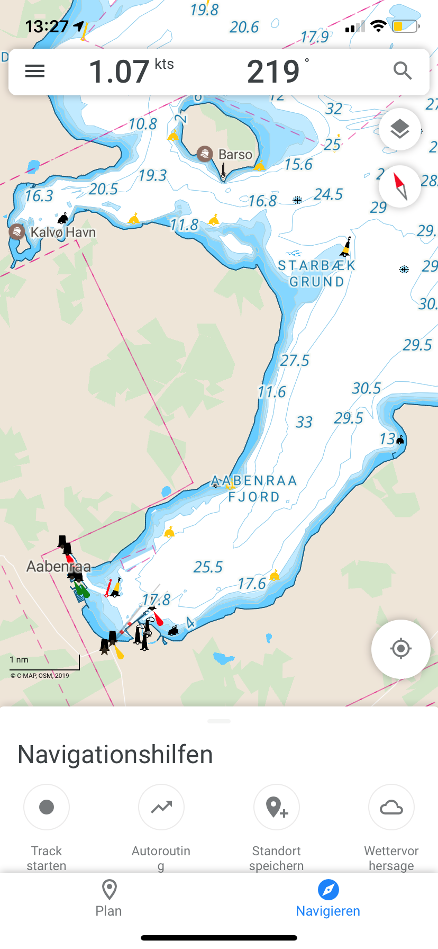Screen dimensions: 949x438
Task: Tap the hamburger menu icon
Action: (35, 71)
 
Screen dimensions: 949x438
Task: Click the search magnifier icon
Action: (403, 70)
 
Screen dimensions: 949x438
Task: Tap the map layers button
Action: (400, 129)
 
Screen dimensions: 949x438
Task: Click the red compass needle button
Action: (400, 186)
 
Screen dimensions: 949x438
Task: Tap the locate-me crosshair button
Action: (400, 648)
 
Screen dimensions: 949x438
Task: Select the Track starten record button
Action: (47, 807)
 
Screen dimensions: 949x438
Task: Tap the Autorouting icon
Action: (161, 807)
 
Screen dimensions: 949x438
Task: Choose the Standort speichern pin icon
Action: (276, 807)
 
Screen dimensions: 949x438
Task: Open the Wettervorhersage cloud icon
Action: (391, 807)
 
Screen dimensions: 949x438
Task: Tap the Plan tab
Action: (109, 897)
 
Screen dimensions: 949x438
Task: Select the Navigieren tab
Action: (328, 897)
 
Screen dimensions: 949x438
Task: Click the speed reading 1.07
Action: (119, 72)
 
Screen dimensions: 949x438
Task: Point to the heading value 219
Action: (273, 72)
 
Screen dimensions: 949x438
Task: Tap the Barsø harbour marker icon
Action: (204, 154)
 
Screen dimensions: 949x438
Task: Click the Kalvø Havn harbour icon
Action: (17, 231)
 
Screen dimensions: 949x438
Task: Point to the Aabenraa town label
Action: (58, 567)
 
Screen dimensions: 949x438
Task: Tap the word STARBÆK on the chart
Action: (316, 265)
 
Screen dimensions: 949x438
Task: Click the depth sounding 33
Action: (304, 422)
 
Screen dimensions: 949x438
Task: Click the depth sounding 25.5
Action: (208, 567)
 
